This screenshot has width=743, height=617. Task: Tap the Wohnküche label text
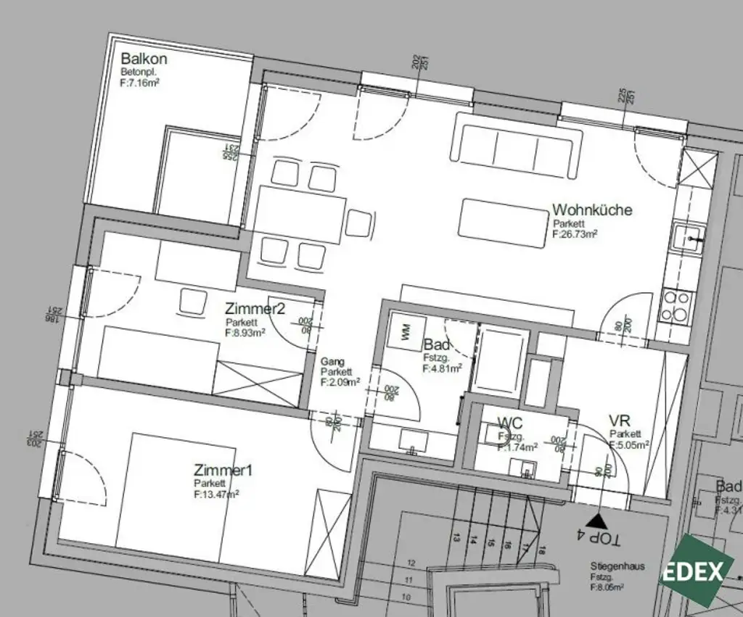point(591,210)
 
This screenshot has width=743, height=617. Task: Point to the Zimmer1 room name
point(223,471)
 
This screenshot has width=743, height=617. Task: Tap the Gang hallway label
point(332,361)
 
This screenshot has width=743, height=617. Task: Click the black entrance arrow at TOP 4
point(597,519)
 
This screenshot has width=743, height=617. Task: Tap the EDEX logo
point(695,570)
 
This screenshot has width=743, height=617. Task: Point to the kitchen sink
point(686,236)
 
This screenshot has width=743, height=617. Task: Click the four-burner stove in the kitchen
point(677,306)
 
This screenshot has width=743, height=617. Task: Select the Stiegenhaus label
point(617,566)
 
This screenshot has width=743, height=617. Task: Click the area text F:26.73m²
point(574,234)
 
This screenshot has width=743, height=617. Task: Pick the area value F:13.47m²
point(216,494)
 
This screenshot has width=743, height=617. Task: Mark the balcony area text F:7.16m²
point(139,83)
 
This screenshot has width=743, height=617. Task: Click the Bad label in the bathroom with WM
point(437,344)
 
